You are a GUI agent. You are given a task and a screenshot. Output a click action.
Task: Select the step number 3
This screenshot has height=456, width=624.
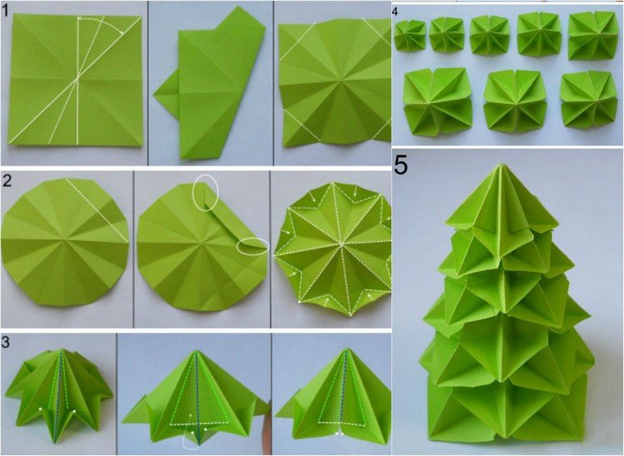click(x=7, y=342)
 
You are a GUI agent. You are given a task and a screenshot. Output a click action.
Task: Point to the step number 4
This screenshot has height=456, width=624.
click(x=395, y=12)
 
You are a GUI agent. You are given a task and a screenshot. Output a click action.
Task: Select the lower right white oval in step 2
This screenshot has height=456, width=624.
click(x=252, y=246)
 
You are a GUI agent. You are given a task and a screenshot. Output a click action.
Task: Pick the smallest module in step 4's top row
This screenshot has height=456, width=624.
click(x=409, y=36)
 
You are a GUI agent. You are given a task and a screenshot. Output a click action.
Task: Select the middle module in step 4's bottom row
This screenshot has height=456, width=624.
click(x=512, y=101)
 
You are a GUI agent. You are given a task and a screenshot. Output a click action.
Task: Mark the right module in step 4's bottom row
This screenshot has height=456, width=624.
click(x=587, y=101)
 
